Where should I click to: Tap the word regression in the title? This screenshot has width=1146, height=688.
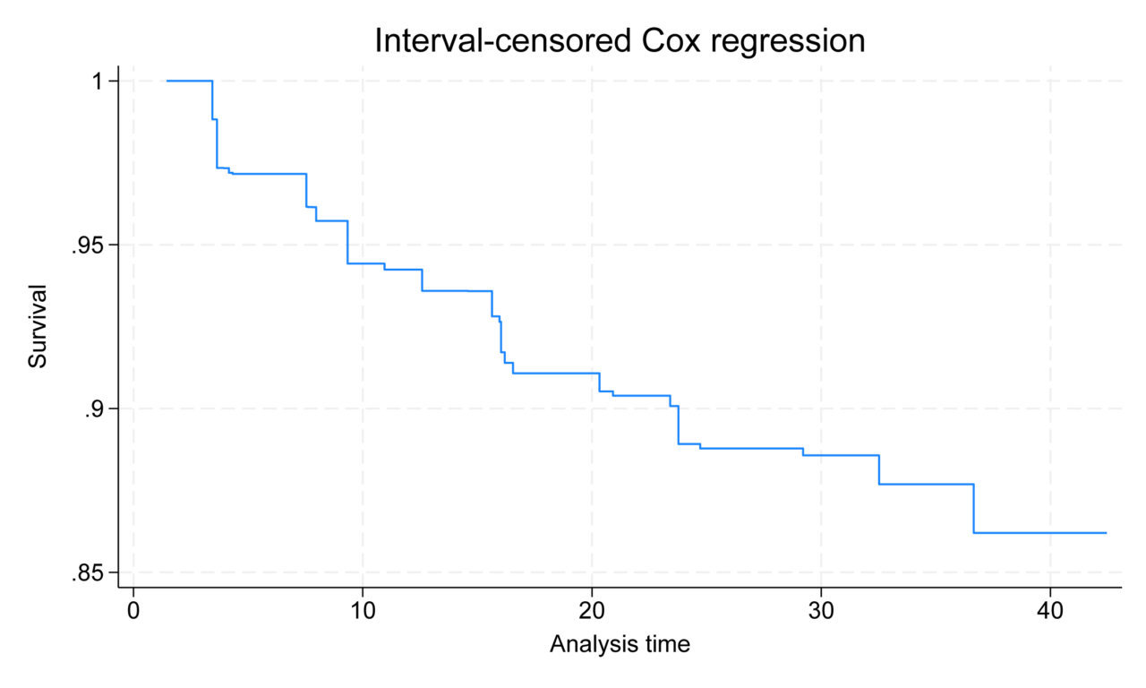(797, 40)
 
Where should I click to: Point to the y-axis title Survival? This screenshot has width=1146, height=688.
(37, 326)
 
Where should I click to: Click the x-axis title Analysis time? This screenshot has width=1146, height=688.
(620, 643)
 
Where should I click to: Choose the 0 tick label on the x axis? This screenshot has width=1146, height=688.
(133, 610)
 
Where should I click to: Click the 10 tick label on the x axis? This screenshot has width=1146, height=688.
(363, 610)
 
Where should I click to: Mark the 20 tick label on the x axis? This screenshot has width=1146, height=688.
(592, 610)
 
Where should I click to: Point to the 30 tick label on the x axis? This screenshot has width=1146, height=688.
(821, 610)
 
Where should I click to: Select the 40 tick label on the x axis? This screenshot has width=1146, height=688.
(1050, 610)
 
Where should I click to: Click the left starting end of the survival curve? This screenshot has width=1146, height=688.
(167, 82)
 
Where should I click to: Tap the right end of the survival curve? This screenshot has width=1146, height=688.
(1107, 533)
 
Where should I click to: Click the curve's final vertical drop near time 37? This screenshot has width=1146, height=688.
(973, 509)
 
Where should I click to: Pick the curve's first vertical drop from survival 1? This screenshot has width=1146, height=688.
(212, 100)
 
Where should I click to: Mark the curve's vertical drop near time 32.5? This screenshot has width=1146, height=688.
(879, 469)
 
